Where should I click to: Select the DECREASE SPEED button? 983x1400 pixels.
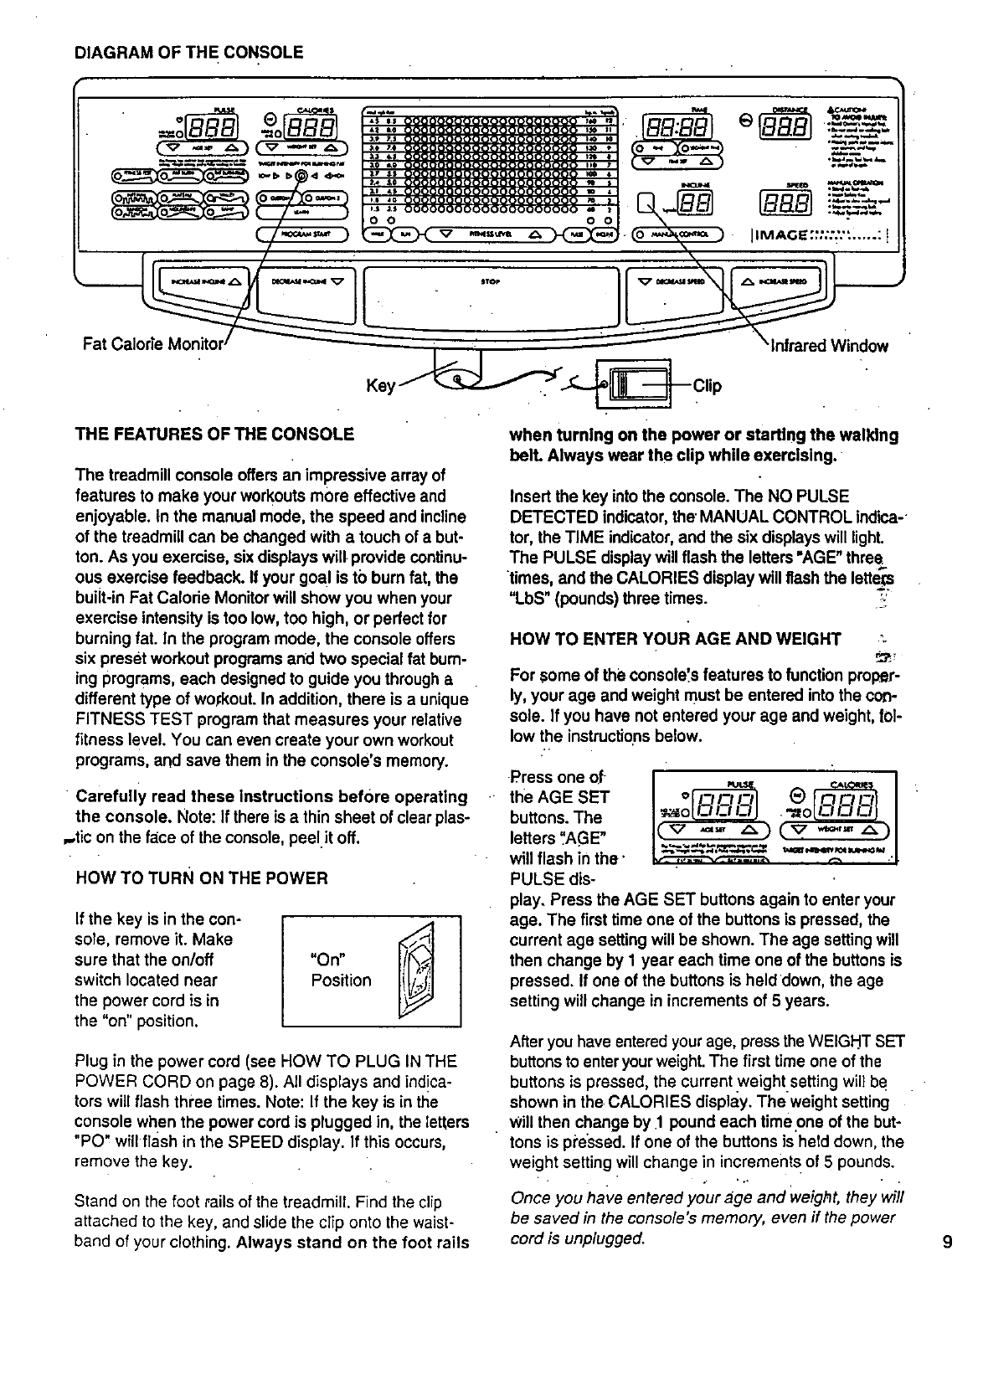coord(674,281)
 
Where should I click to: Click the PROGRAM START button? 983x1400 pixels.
coord(301,234)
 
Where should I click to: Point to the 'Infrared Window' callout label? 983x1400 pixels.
coord(828,346)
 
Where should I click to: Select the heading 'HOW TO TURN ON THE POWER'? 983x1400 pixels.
coord(201,878)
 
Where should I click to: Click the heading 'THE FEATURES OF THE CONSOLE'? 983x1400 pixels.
coord(214,435)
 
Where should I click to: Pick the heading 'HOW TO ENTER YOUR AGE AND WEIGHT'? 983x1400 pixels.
coord(676,640)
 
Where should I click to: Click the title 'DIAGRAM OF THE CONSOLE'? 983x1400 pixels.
coord(189,52)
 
